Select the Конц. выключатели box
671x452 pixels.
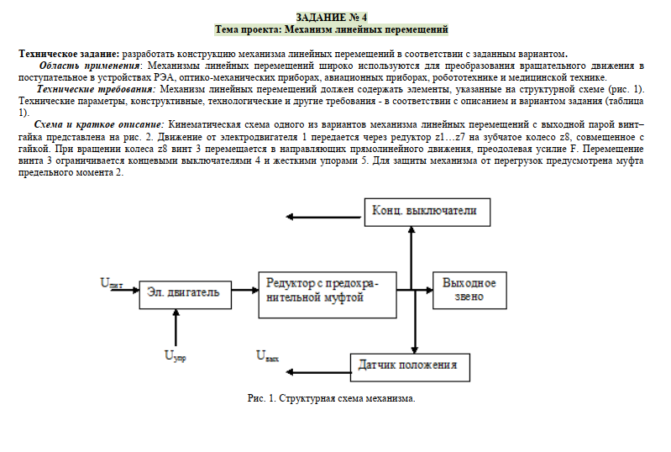coord(425,210)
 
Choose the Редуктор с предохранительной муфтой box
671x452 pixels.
coord(326,293)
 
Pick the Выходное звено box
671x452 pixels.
coord(469,290)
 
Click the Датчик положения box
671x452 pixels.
coord(407,365)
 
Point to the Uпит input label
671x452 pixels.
coord(111,283)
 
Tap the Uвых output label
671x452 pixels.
coord(267,355)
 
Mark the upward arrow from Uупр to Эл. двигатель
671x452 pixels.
coord(175,327)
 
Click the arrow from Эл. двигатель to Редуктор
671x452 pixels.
coord(242,292)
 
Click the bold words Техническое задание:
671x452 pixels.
coord(70,53)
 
